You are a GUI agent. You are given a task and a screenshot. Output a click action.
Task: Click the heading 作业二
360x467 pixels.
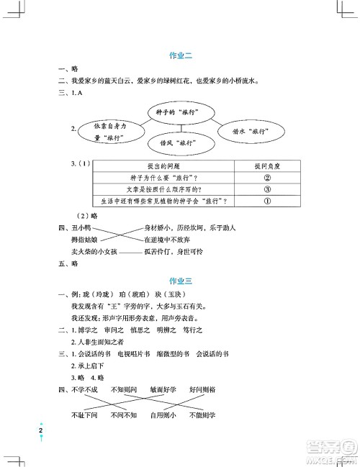[179, 55]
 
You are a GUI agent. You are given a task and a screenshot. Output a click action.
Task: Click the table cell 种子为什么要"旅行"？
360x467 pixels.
[148, 177]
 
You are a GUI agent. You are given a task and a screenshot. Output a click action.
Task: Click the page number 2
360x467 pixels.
[42, 431]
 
